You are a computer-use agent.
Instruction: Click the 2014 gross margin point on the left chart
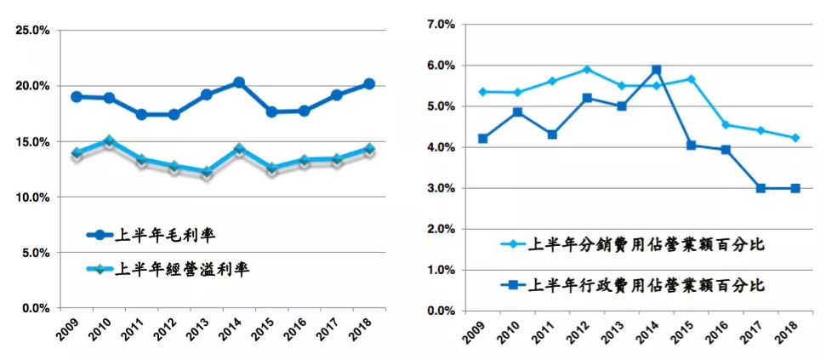coord(239,83)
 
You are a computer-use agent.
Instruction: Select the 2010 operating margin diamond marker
coord(109,141)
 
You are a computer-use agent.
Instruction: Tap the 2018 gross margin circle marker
coord(369,84)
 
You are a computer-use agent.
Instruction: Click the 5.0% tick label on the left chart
coord(35,253)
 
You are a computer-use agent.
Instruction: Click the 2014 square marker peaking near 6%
coord(656,70)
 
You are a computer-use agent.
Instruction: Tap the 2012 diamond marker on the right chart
coord(586,70)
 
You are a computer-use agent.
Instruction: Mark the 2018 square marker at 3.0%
coord(795,188)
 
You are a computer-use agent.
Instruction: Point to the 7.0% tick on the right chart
coord(441,25)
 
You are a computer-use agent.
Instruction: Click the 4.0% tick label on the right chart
coord(441,147)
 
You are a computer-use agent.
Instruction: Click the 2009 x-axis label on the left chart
coord(75,329)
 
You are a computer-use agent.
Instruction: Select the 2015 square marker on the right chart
coord(691,146)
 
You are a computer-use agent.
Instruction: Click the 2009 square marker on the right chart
coord(482,139)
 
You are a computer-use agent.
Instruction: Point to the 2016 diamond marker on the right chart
coord(726,125)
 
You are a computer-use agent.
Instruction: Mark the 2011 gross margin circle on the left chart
coord(141,114)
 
